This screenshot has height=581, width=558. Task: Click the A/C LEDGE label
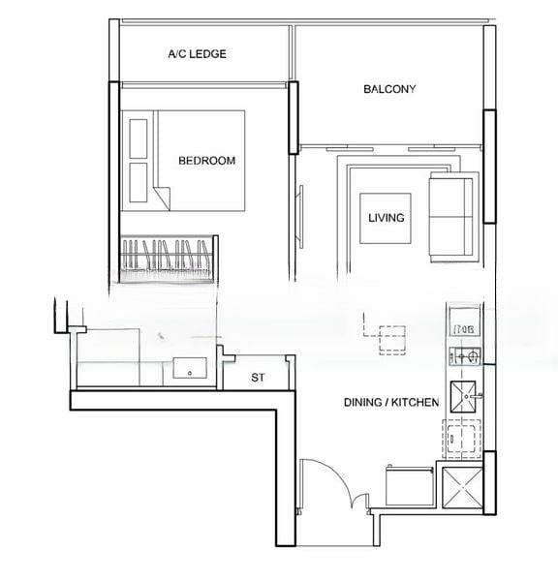point(197,54)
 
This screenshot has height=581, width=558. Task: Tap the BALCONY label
point(389,89)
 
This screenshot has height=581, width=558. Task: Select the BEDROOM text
point(207,161)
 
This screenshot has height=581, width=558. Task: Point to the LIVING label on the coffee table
point(386,218)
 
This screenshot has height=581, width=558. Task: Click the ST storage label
point(258,378)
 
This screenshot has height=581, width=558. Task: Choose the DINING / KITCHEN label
point(391,403)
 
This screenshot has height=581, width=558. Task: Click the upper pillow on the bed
point(139,138)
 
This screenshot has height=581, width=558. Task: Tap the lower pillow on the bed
point(139,182)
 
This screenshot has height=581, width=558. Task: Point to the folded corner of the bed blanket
point(163,197)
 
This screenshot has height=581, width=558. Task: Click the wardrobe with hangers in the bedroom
point(170,259)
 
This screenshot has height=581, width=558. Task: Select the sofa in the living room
point(454,217)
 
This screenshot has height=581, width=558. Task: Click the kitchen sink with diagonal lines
point(463,396)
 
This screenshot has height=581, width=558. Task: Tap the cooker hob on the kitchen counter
point(465,356)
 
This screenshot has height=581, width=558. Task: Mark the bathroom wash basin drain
point(190,373)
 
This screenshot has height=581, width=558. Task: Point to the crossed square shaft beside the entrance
point(462,487)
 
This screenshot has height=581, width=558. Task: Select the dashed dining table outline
point(385,334)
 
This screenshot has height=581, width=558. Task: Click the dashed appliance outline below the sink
point(461,439)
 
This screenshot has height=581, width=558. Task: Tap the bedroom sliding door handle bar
point(301,217)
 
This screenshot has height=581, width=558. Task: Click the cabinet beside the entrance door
point(410,486)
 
